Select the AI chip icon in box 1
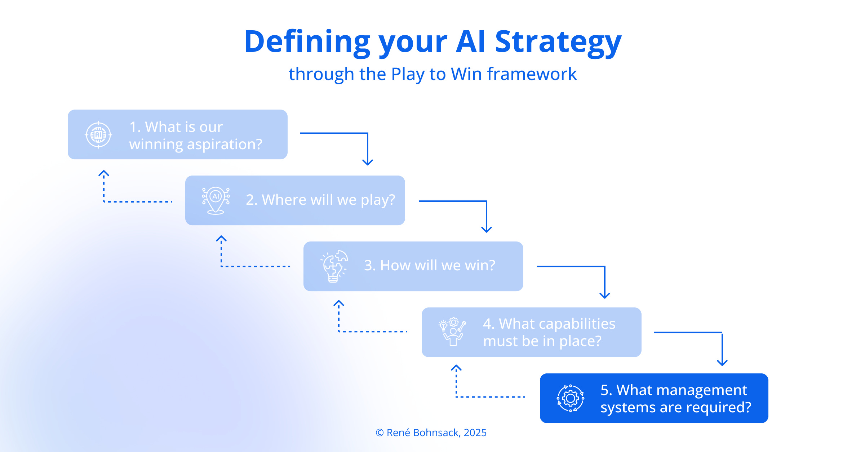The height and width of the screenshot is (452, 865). [x=98, y=135]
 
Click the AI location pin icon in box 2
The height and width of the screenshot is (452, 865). [x=216, y=200]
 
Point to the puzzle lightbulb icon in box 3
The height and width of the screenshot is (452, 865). [x=334, y=266]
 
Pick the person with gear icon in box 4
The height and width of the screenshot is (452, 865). [x=452, y=332]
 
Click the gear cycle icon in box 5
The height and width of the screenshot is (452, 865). [x=571, y=398]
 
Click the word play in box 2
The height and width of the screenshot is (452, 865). [x=377, y=200]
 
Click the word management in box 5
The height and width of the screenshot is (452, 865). [x=682, y=390]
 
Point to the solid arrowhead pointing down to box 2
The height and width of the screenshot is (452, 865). [x=368, y=162]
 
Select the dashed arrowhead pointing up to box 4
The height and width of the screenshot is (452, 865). [x=456, y=368]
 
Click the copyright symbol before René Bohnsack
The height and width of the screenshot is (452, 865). [x=380, y=433]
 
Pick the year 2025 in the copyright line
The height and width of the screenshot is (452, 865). [x=475, y=433]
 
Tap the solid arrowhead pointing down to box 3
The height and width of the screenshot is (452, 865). [x=487, y=230]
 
